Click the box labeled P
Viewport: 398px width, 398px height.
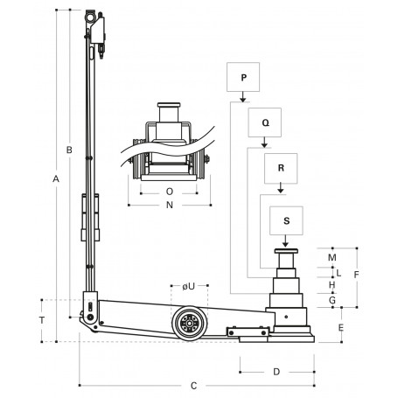[244, 79]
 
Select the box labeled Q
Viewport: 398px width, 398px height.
[266, 123]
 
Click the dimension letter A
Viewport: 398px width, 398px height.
[55, 179]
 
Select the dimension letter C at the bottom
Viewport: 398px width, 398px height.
[194, 384]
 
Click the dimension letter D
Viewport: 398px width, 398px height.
[276, 372]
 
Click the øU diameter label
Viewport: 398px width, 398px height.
[187, 286]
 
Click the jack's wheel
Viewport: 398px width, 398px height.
[188, 325]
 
